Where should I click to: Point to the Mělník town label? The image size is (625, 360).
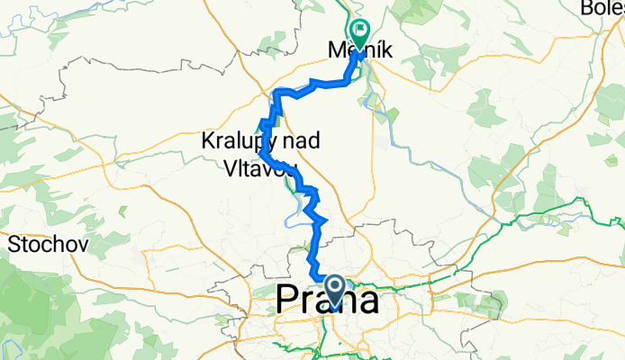click(358, 51)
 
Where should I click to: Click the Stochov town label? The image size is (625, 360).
click(41, 242)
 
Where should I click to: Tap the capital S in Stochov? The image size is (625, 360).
click(14, 242)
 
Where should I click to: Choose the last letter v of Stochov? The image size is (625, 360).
click(73, 243)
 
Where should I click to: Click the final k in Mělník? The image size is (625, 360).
click(386, 51)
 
